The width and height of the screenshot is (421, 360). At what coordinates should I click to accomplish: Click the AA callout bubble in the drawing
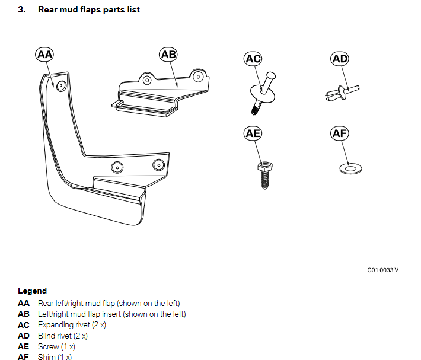point(44,55)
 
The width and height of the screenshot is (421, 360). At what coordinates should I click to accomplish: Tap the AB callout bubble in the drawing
point(168,55)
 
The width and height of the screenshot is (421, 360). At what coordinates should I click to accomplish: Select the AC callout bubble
point(253,58)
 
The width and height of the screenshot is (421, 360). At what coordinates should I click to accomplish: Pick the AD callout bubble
point(340,58)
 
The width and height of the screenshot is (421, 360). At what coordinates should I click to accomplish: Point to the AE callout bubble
point(253,133)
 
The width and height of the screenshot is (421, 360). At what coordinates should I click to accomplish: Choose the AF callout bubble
point(340,133)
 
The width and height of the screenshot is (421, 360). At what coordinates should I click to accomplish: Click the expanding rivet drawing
point(263,90)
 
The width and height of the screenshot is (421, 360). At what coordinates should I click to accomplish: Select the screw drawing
point(264,172)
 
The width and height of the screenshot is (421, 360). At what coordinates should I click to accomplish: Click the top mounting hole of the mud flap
point(60,85)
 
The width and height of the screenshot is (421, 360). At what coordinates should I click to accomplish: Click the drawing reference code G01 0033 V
point(382,270)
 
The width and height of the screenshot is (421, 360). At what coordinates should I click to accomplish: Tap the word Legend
point(32,291)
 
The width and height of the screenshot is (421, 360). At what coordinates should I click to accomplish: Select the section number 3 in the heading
point(21,9)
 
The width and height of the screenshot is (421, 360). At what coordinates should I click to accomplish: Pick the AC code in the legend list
point(24,325)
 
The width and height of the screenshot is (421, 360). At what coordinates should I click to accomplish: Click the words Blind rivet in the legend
point(55,336)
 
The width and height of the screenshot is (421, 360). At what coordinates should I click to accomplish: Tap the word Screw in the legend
point(48,346)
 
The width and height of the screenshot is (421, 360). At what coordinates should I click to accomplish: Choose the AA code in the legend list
point(24,304)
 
